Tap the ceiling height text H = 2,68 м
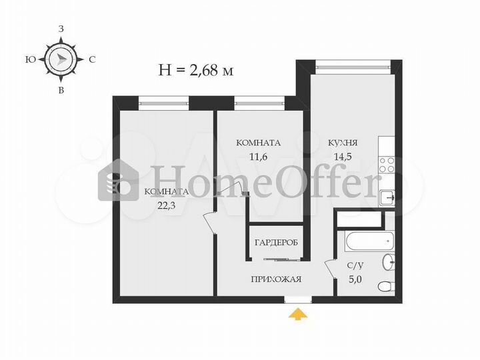(195, 69)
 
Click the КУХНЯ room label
(343, 143)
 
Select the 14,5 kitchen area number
(343, 157)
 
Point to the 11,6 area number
(257, 157)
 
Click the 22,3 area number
(162, 206)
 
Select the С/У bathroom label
(355, 265)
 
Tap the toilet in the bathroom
(385, 287)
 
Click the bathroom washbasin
(389, 262)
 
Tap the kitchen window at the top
(353, 65)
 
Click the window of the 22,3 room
(163, 101)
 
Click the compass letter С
(92, 59)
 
